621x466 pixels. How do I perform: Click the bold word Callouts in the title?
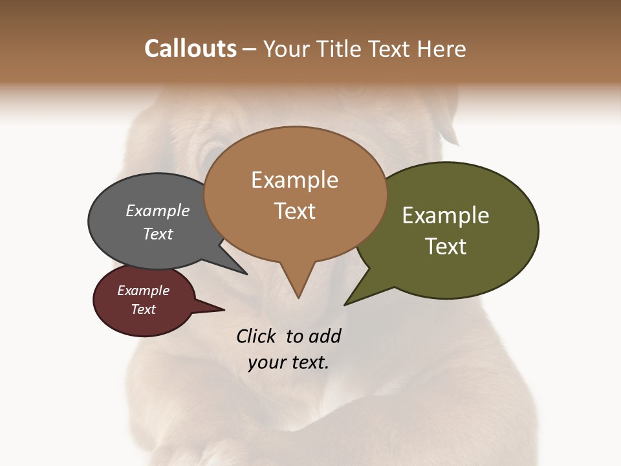pyautogui.click(x=190, y=49)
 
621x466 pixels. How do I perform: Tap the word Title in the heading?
pyautogui.click(x=341, y=49)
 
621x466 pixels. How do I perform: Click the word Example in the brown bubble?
pyautogui.click(x=294, y=180)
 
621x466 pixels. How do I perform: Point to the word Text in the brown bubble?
pyautogui.click(x=294, y=211)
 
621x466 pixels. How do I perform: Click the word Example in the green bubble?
pyautogui.click(x=446, y=216)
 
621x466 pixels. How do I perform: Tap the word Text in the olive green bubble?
pyautogui.click(x=446, y=247)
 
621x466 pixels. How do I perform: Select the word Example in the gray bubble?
pyautogui.click(x=158, y=210)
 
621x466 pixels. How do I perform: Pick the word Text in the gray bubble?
pyautogui.click(x=158, y=234)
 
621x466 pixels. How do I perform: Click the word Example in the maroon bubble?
pyautogui.click(x=143, y=291)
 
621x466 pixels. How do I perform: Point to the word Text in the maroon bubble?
pyautogui.click(x=143, y=309)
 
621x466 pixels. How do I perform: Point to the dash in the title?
pyautogui.click(x=250, y=49)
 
